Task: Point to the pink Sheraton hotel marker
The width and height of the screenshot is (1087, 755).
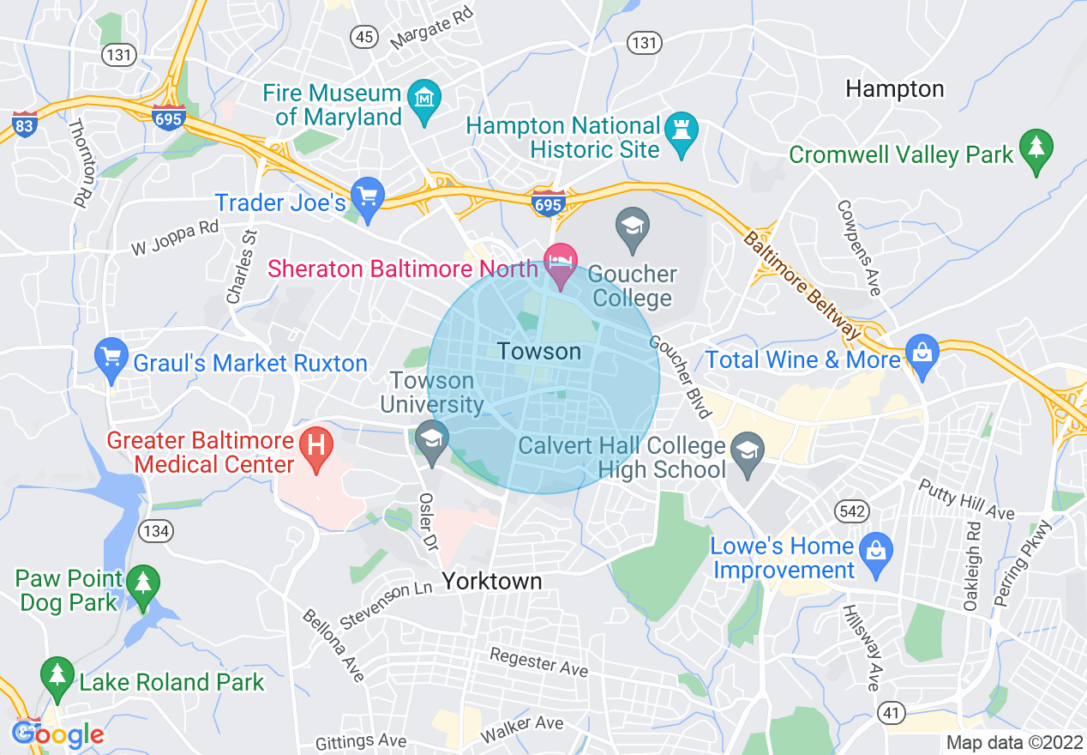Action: [x=562, y=260]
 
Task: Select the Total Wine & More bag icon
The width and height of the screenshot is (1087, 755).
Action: [x=922, y=355]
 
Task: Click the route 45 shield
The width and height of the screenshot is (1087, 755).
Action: [x=364, y=36]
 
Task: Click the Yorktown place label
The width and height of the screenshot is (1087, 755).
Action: [x=492, y=581]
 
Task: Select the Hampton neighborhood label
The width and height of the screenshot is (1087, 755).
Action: [x=894, y=88]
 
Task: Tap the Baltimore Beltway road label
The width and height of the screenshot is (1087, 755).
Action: [x=802, y=284]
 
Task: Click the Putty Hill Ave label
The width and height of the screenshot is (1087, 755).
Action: [x=966, y=499]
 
